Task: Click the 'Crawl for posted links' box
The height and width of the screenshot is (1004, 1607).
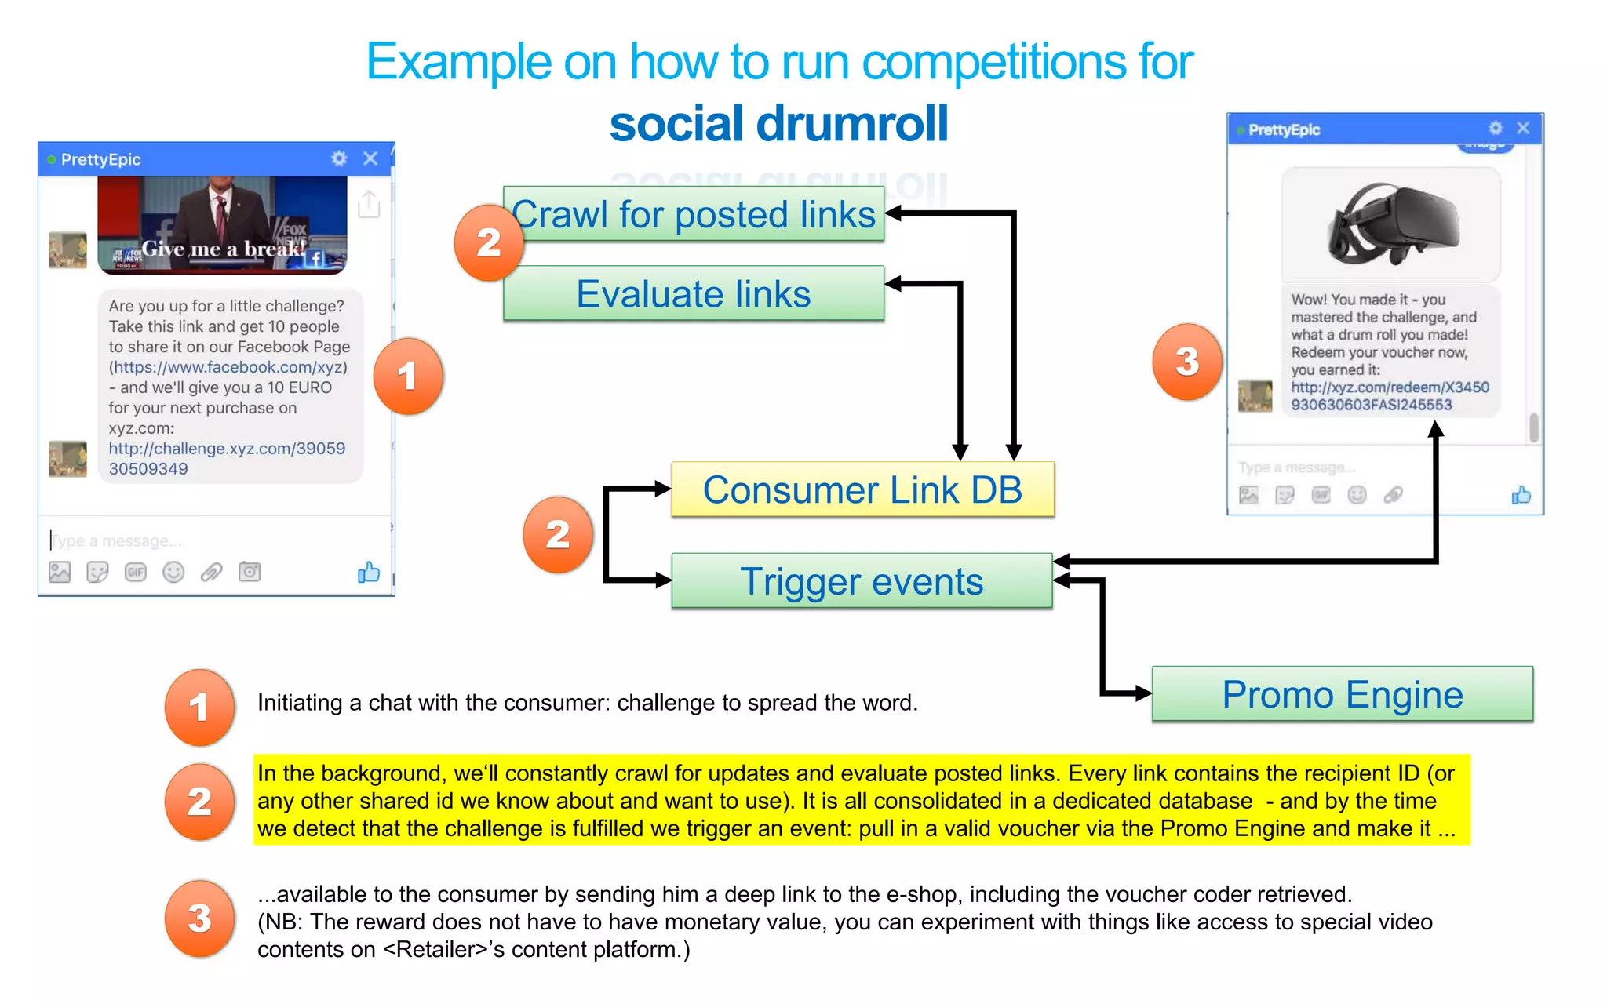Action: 694,213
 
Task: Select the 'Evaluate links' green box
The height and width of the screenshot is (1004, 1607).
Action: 694,293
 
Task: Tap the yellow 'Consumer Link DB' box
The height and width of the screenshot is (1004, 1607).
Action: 862,489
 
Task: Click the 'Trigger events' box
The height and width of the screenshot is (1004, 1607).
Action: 862,581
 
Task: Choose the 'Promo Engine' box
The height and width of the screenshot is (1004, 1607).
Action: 1342,694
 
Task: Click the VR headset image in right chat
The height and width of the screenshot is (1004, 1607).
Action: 1390,224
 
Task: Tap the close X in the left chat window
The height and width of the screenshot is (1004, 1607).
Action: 370,158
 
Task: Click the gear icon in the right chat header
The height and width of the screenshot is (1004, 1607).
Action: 1496,128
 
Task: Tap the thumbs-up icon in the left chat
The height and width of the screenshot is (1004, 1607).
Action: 368,573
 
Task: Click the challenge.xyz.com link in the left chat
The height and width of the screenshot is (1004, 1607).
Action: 226,458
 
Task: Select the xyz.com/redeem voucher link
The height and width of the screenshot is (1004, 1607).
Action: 1389,395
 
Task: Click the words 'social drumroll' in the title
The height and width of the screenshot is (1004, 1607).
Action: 778,124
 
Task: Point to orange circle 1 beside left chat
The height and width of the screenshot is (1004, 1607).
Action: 407,376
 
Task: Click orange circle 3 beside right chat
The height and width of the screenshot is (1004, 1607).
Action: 1186,362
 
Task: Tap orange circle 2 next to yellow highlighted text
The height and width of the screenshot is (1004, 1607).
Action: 199,802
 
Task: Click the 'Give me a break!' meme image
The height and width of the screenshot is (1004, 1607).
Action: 222,224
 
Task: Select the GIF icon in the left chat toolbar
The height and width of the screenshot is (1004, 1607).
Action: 136,572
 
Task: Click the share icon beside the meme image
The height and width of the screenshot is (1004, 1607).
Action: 368,204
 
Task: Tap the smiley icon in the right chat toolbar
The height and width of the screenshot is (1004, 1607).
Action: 1357,495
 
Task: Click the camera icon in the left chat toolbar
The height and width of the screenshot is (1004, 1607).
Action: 250,572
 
